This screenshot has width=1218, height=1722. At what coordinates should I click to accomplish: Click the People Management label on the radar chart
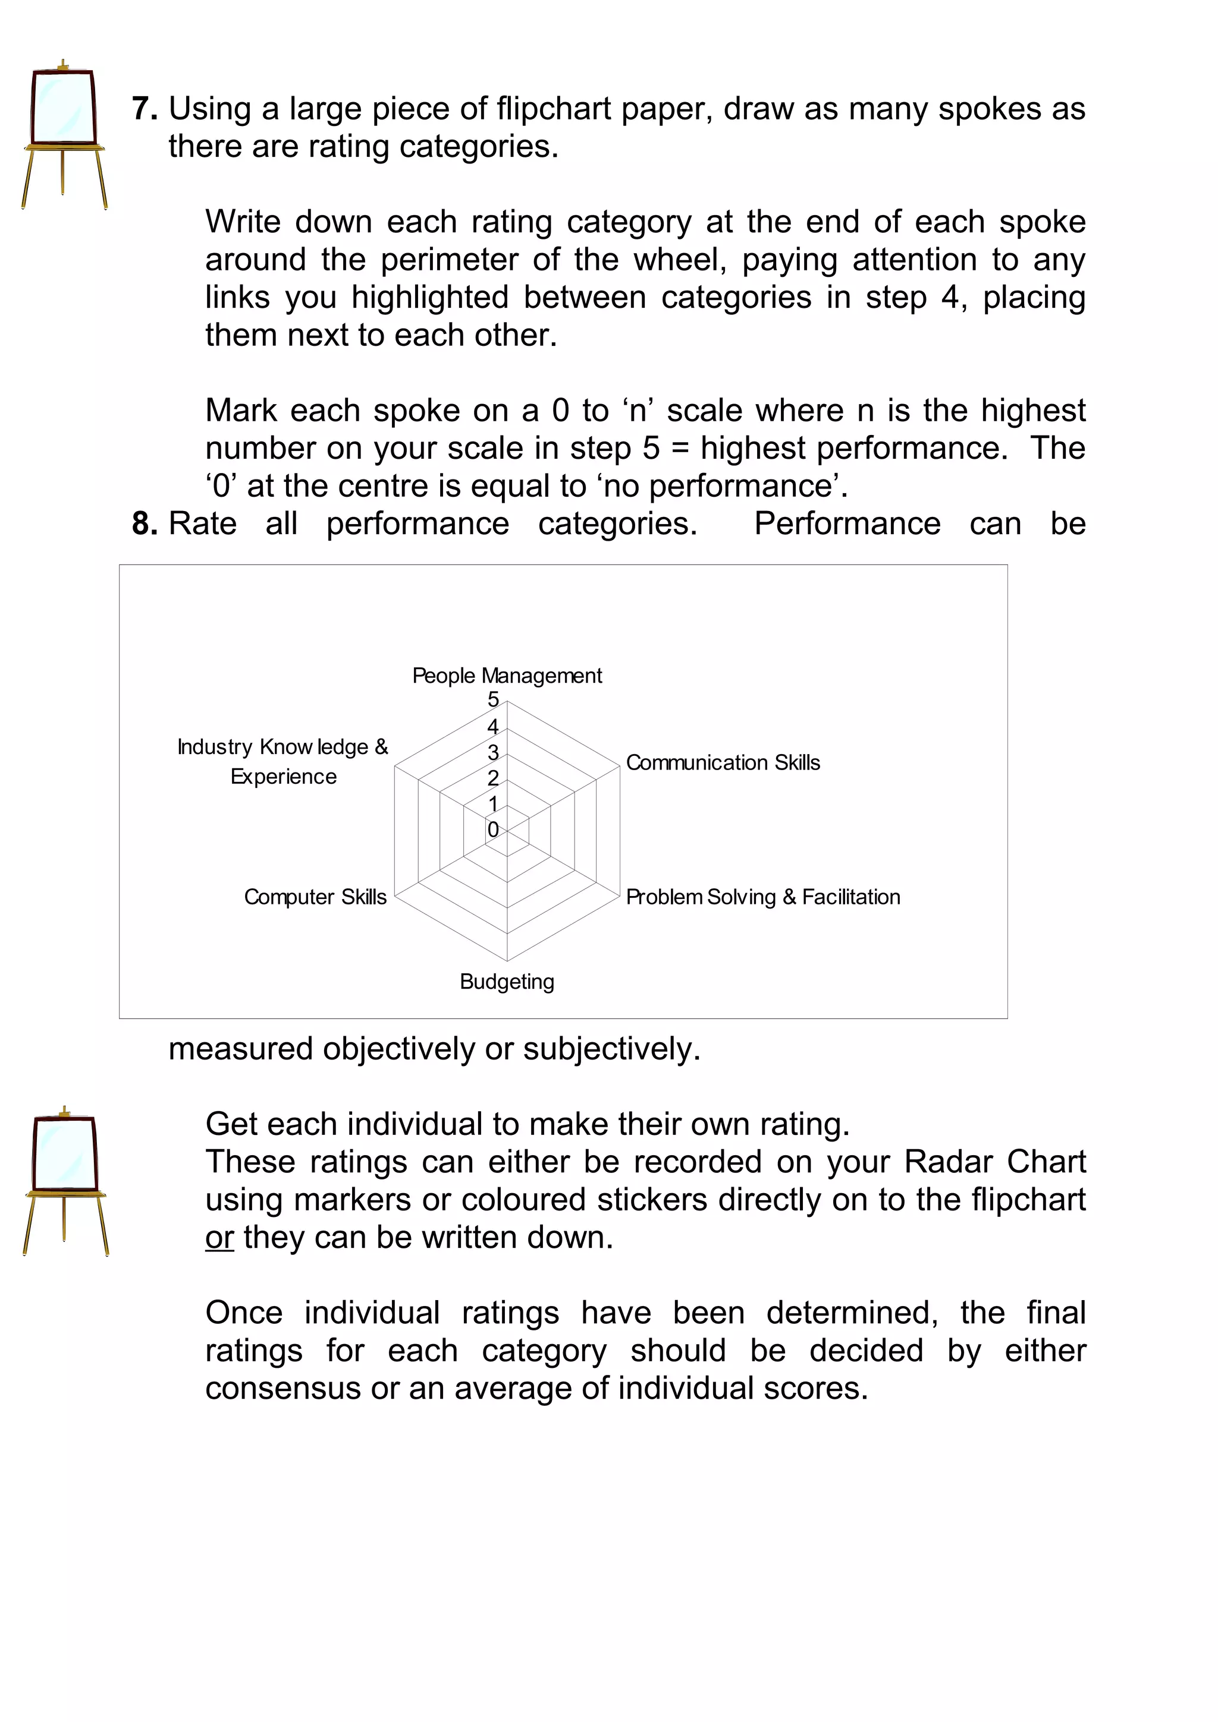coord(507,676)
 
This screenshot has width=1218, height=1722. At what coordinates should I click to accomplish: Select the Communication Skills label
coord(722,763)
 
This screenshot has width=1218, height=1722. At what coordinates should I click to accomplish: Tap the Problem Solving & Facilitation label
coord(762,897)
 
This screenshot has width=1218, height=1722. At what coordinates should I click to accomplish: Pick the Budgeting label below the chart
coord(507,982)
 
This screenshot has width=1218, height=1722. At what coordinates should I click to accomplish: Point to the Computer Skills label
coord(315,897)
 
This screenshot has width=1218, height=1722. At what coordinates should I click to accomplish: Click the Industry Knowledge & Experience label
coord(283,761)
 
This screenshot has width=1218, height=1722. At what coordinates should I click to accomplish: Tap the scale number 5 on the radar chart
coord(493,700)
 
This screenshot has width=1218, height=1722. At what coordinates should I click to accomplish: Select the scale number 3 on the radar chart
coord(493,752)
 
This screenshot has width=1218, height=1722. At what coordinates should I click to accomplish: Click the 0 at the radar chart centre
coord(493,830)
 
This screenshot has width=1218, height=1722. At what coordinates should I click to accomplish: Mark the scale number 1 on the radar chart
coord(493,804)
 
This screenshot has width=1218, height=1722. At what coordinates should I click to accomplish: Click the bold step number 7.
coord(144,109)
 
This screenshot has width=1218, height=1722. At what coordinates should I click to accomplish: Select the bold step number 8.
coord(144,523)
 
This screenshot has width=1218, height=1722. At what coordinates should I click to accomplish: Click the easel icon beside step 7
coord(64,135)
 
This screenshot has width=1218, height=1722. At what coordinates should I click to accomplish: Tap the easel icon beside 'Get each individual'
coord(65,1181)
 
